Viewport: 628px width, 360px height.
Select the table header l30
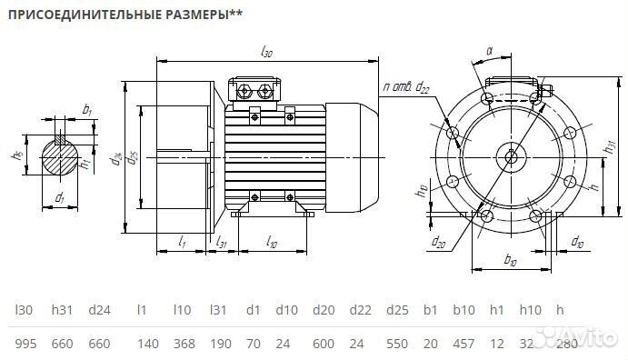(x=24, y=311)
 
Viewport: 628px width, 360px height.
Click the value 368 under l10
(x=184, y=345)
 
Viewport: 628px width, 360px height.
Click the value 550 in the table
(x=397, y=345)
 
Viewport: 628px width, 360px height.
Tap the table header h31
(x=61, y=311)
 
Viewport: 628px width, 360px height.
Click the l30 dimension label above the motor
(x=266, y=53)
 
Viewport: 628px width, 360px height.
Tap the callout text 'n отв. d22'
(x=406, y=86)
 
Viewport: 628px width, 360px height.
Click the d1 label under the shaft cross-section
(x=60, y=196)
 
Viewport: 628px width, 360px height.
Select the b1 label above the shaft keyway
(x=87, y=109)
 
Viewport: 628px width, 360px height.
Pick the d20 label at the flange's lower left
(x=439, y=241)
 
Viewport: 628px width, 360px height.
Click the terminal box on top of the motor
(x=255, y=90)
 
